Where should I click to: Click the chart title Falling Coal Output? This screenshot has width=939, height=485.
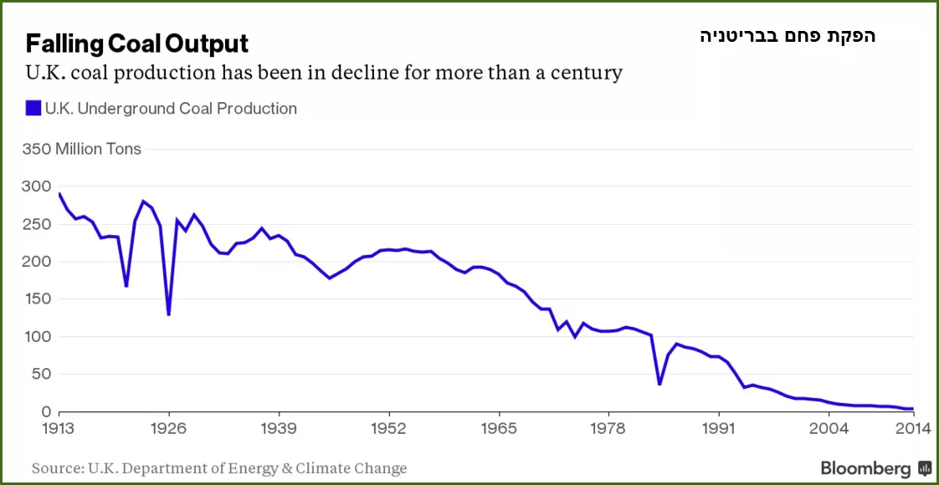point(136,43)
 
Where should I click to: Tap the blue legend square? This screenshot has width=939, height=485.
point(33,109)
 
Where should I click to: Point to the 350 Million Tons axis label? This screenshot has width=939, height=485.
point(82,149)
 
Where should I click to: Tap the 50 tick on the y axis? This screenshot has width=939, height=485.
point(39,375)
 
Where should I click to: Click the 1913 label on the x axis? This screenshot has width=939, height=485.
point(60,429)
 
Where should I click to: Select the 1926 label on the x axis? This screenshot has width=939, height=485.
point(169,429)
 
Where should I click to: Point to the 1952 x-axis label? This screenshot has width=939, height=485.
point(389,429)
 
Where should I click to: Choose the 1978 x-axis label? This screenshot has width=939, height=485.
point(608,429)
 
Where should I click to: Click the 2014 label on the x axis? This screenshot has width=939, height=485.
point(912,429)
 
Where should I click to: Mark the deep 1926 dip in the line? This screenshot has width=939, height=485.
point(169,314)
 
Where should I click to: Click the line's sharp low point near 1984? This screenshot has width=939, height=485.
point(659,384)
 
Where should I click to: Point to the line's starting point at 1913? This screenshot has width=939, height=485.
point(60,194)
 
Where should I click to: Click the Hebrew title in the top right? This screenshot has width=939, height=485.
point(788,36)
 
